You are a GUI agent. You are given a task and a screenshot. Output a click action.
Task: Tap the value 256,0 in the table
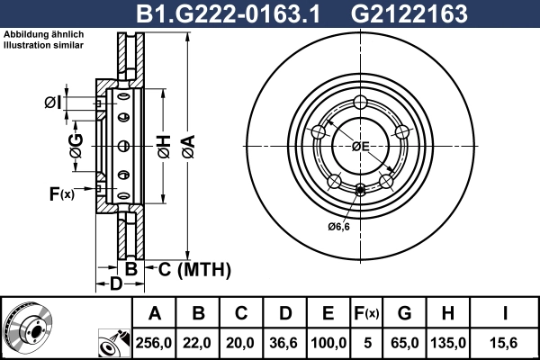pos(155,342)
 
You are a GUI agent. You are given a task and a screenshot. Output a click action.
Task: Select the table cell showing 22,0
pos(199,342)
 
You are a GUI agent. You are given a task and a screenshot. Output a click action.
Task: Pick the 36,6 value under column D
pos(285,342)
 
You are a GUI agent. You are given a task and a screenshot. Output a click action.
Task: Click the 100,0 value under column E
pos(328,342)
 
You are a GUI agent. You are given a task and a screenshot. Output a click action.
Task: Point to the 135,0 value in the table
pos(447,342)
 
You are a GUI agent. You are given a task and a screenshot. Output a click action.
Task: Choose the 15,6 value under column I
pos(505,342)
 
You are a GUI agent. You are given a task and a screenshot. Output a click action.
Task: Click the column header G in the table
pos(404,313)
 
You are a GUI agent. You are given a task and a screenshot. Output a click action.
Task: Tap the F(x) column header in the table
pos(367,313)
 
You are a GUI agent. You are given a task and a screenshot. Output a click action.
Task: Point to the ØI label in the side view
pos(53,103)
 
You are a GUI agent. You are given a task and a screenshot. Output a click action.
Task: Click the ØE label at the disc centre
pos(361,146)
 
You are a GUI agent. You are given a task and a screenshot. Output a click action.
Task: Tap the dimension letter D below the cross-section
pos(115,285)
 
